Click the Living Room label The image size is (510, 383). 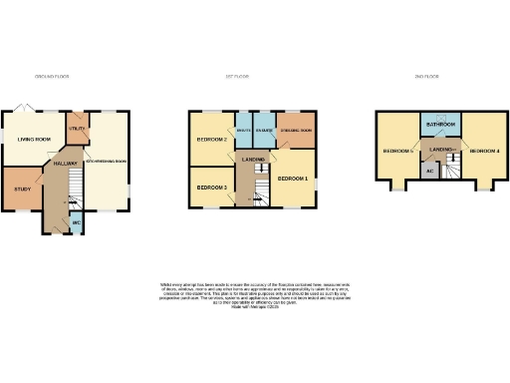tap(35, 139)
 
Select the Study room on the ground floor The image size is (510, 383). tap(22, 190)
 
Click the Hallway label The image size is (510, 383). tap(66, 162)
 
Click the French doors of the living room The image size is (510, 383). tap(26, 108)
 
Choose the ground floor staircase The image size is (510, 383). tap(57, 194)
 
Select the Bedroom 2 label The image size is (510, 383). tap(213, 140)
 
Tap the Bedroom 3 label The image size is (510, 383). tap(211, 188)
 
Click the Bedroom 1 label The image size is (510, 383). tap(293, 179)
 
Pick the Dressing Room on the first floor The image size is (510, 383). tap(295, 132)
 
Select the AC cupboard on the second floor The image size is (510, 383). tap(429, 171)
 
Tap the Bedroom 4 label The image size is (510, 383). tap(483, 151)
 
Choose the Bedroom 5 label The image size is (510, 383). tap(397, 151)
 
